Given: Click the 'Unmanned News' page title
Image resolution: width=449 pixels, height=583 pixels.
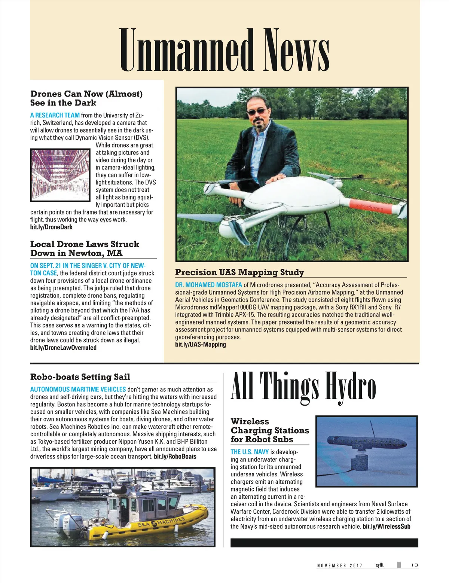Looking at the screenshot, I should click(x=224, y=51).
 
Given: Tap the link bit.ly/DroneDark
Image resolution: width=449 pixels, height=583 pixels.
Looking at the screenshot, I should click(x=51, y=227).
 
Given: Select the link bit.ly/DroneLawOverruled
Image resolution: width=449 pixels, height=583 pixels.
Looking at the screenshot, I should click(x=63, y=348).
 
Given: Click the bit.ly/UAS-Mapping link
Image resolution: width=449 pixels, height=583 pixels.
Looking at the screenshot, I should click(x=201, y=345).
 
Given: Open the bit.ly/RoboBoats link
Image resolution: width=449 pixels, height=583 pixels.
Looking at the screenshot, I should click(x=175, y=457).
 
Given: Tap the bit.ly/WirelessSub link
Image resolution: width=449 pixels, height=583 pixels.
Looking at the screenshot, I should click(x=387, y=526).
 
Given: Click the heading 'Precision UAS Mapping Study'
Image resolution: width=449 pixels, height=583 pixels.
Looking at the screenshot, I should click(x=239, y=272).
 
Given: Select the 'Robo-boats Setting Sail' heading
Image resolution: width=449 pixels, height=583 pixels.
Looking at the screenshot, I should click(x=80, y=377).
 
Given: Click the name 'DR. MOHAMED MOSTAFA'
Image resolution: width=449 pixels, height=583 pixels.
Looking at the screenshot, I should click(x=208, y=285).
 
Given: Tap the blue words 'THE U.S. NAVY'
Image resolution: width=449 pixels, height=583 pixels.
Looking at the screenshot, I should click(x=250, y=452).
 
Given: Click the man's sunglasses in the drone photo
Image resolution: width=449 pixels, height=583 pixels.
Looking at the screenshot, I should click(x=257, y=112).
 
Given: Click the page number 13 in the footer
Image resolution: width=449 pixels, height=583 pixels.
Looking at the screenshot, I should click(x=414, y=565).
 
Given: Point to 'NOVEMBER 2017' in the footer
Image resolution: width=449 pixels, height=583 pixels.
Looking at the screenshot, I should click(x=339, y=565).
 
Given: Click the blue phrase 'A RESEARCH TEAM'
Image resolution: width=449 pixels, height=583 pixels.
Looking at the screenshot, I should click(x=55, y=115).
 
